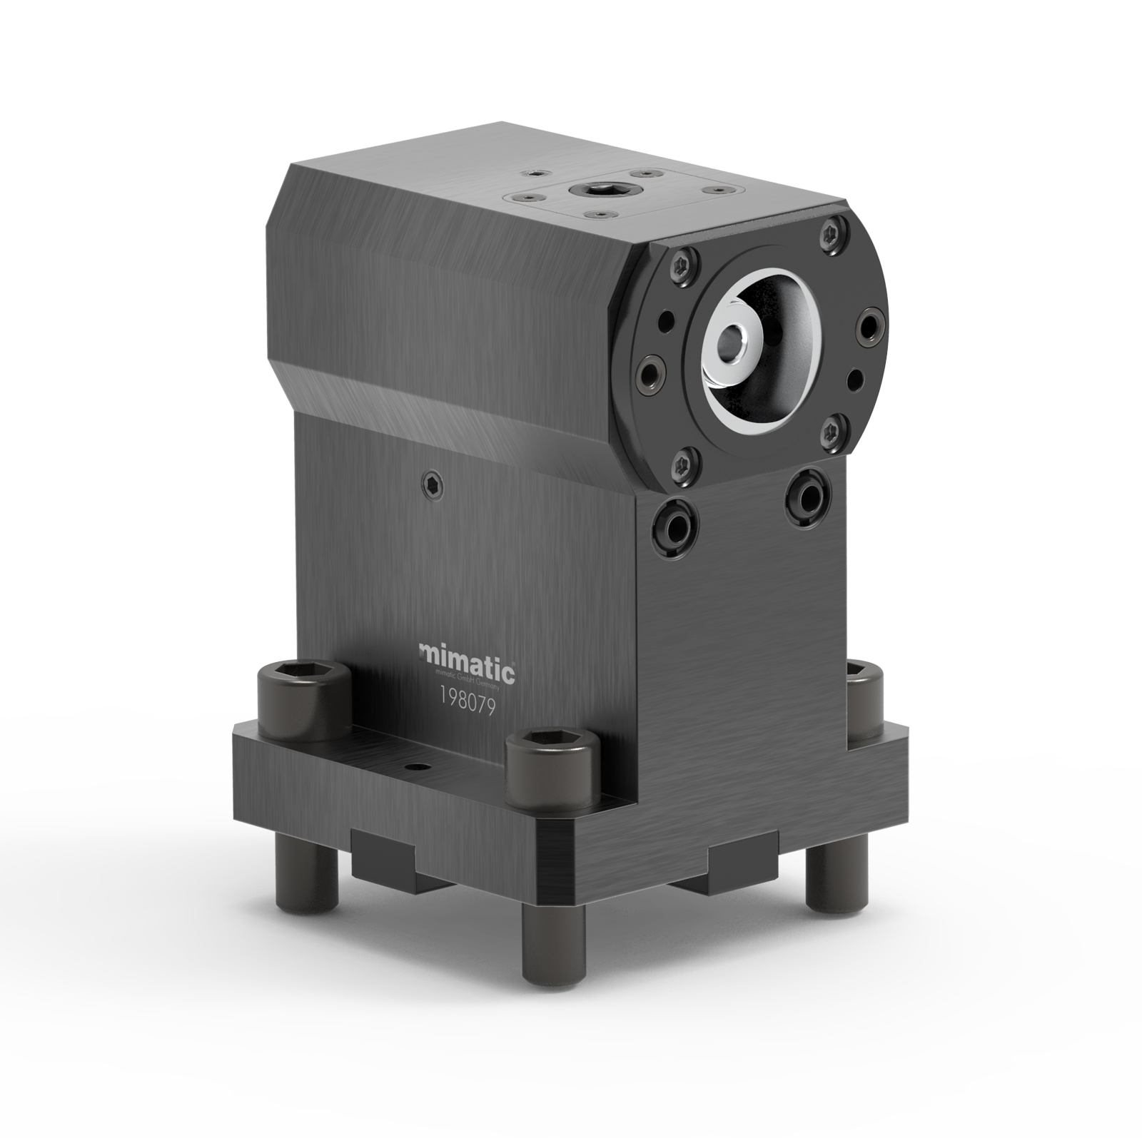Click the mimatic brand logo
click(x=467, y=653)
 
